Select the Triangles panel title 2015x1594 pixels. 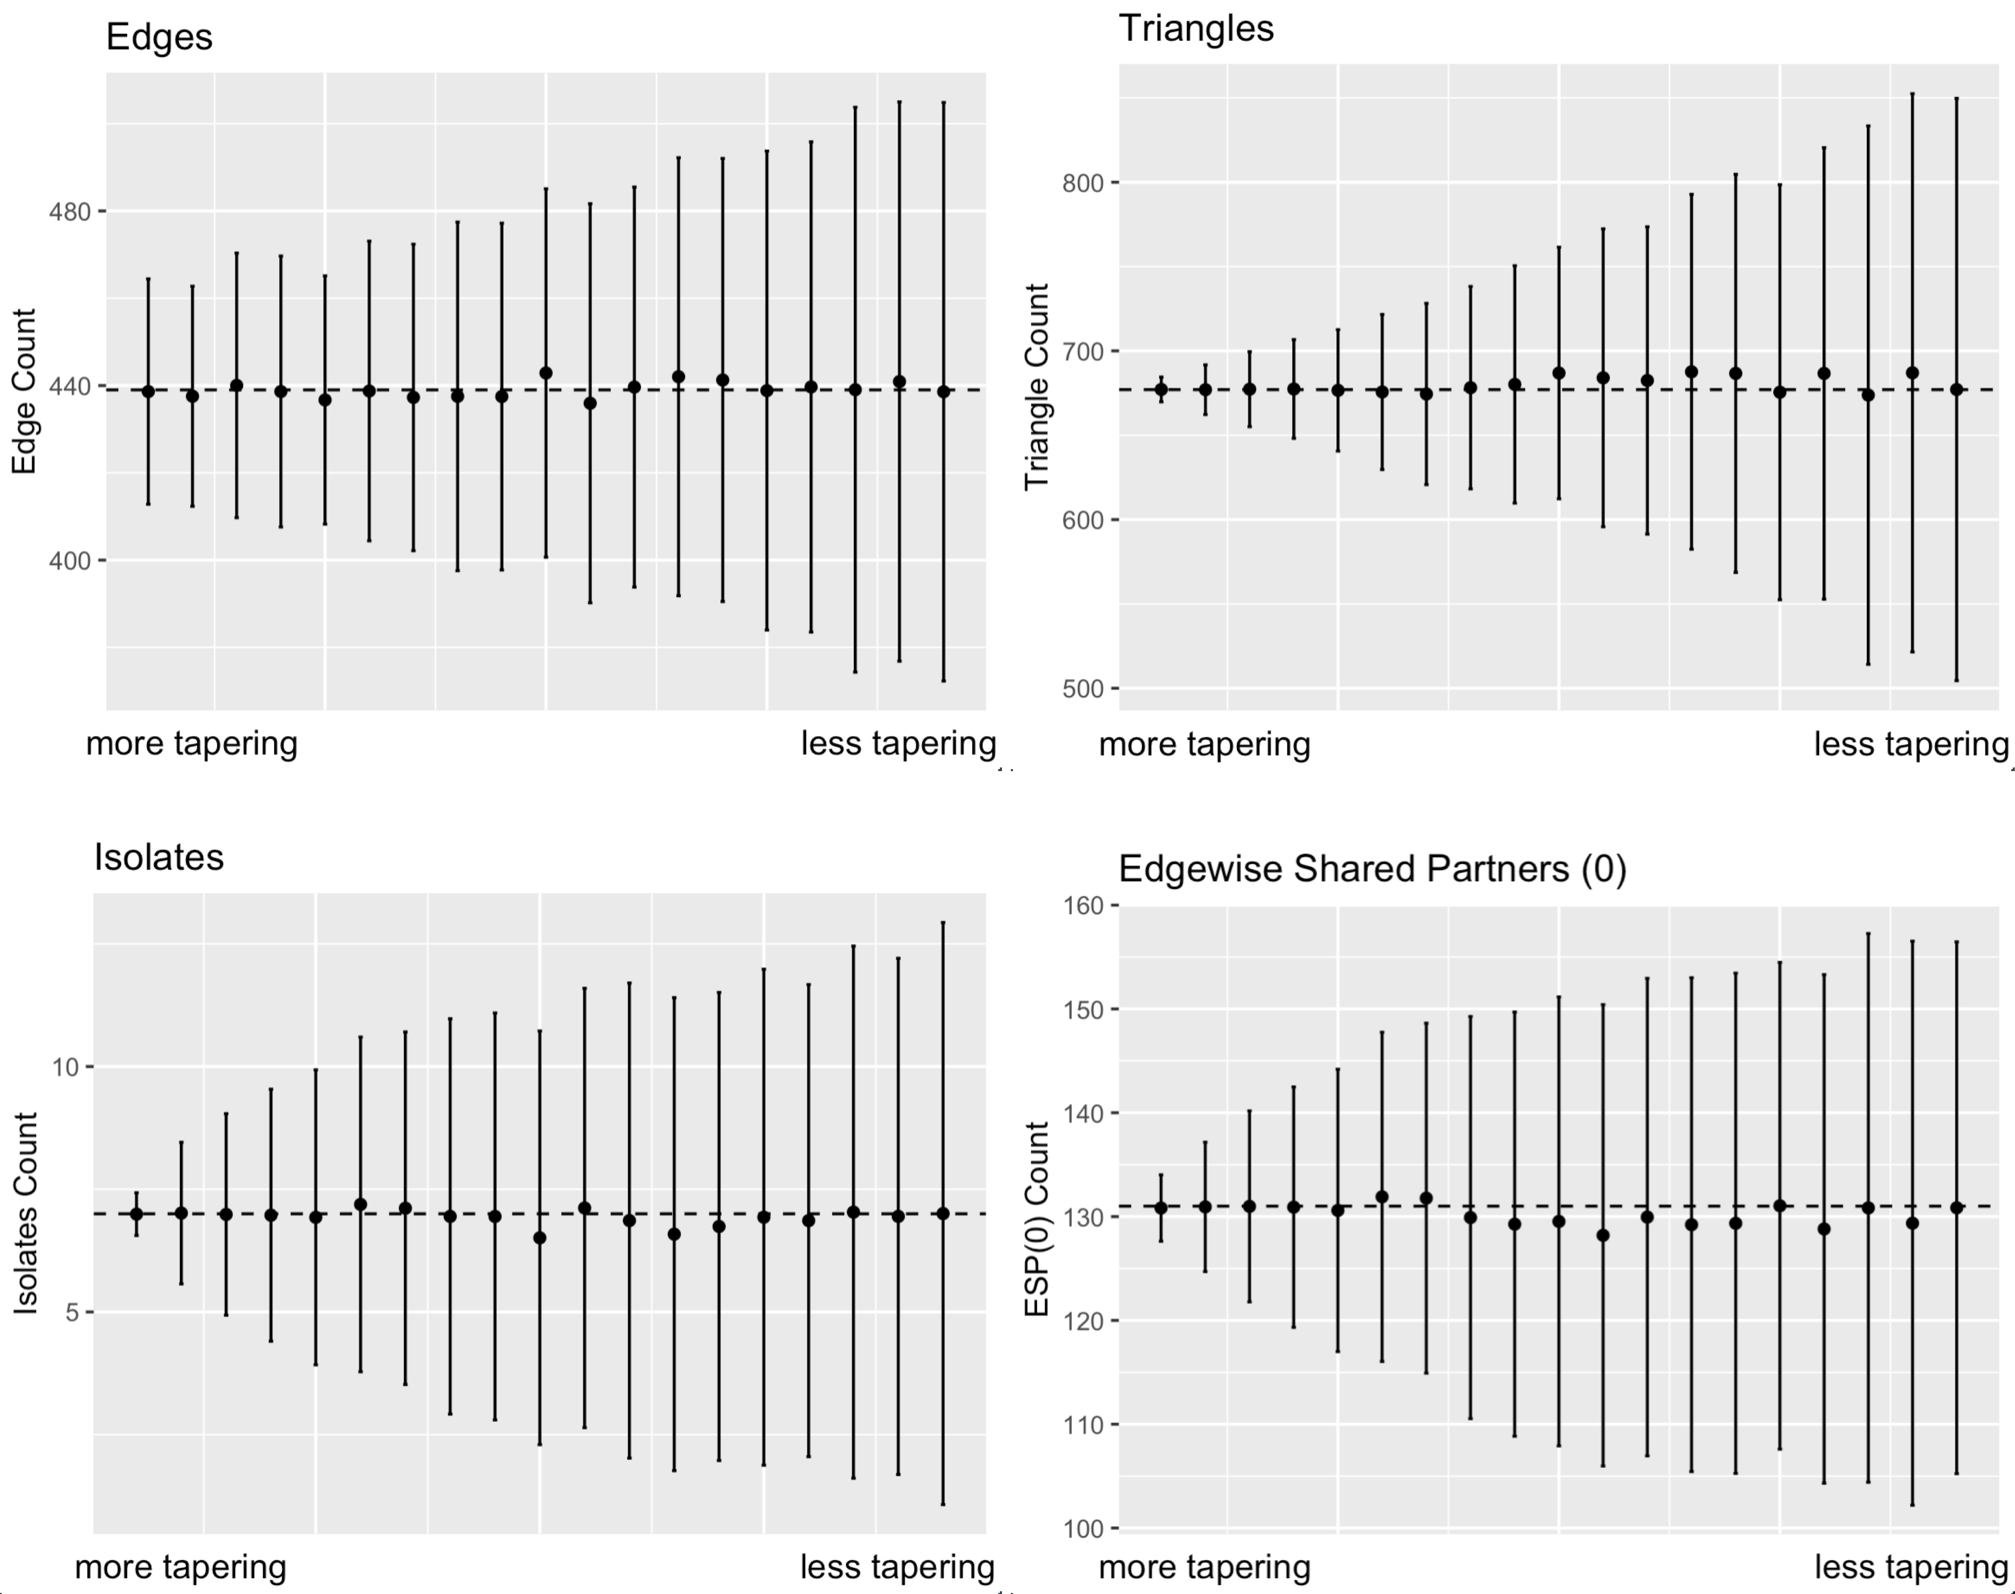click(x=1196, y=29)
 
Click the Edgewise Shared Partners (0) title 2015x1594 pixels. click(x=1372, y=869)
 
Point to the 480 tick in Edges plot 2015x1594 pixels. click(x=70, y=212)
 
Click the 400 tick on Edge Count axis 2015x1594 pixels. click(x=70, y=561)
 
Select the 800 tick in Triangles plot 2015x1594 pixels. click(x=1083, y=183)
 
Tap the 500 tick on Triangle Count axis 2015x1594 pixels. click(x=1083, y=689)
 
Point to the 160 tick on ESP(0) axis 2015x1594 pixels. click(x=1083, y=905)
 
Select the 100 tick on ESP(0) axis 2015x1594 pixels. click(x=1083, y=1529)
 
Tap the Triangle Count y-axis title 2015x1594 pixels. click(x=1037, y=386)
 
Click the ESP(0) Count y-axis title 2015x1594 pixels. click(x=1037, y=1219)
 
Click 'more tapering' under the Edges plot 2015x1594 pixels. click(x=191, y=744)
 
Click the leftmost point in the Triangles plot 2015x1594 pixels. click(x=1161, y=390)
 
